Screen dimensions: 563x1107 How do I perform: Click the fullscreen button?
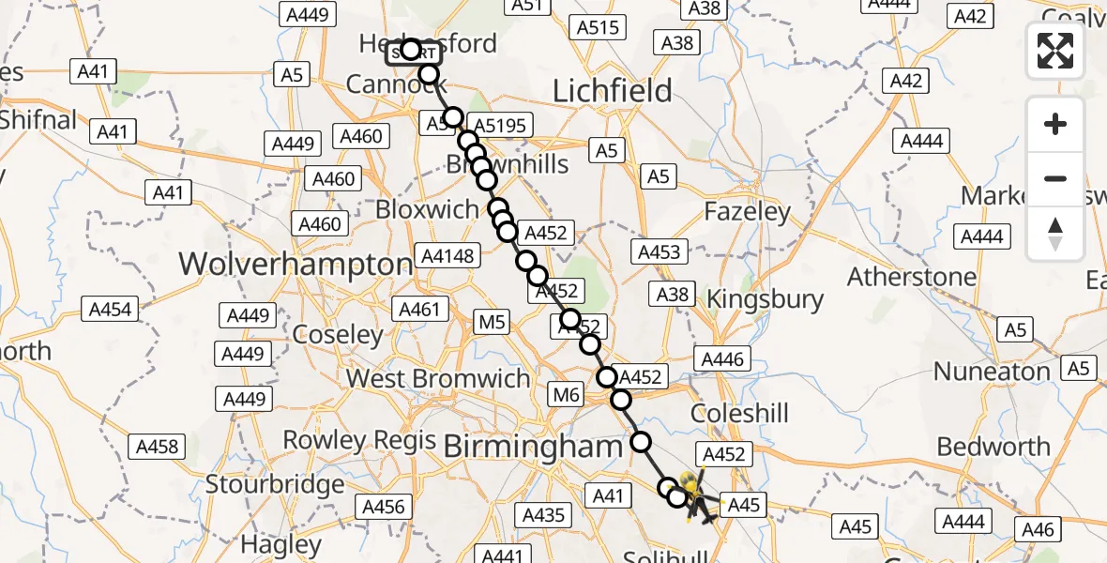1055,50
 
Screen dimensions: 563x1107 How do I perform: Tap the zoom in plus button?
1055,124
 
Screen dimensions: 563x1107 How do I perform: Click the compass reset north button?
1055,234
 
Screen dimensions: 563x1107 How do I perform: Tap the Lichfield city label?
613,91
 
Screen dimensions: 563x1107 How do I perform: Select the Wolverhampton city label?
296,264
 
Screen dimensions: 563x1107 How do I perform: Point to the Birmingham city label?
532,447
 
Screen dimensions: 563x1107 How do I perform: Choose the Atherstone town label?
912,278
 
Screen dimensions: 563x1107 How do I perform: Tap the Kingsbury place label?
765,300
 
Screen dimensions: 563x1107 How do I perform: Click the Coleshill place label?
740,414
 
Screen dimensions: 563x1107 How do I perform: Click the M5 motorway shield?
492,324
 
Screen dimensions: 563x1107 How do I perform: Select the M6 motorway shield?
567,396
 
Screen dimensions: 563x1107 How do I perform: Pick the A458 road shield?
157,446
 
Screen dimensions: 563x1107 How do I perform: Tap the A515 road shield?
599,28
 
